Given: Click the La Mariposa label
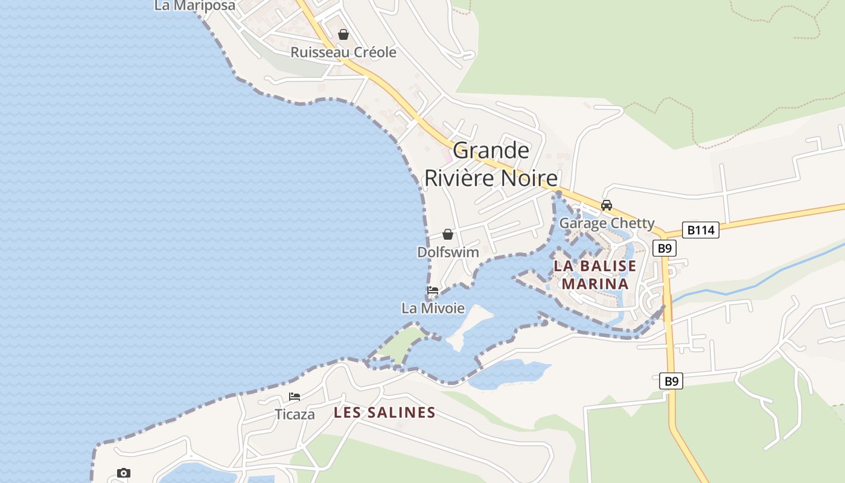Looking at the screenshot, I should (x=194, y=5).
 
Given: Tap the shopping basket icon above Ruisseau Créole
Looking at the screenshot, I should (x=343, y=34).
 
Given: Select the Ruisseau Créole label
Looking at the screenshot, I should (x=343, y=53).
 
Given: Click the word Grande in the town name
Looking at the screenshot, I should (x=491, y=150).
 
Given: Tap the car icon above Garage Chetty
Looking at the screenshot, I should (x=607, y=205).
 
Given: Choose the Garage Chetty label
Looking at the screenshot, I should (x=607, y=223).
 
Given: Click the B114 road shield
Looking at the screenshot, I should (x=701, y=230).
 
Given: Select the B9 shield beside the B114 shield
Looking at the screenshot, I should (x=665, y=248).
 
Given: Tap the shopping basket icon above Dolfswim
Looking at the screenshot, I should (x=448, y=234).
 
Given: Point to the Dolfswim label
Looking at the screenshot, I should (x=448, y=252).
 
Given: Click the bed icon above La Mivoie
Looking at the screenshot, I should (x=433, y=290).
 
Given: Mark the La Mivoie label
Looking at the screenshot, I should (x=433, y=309).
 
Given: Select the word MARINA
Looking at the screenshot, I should (x=595, y=284).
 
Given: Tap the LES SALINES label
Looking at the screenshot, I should (x=384, y=413).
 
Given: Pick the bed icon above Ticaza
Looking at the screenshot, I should (x=295, y=397).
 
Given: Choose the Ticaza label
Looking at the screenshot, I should (x=295, y=415).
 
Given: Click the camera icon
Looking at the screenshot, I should (x=124, y=473).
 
